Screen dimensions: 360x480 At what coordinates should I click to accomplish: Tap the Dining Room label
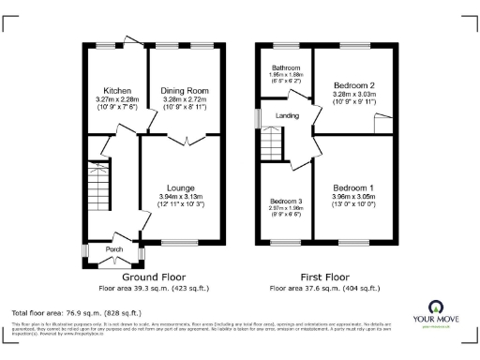(x=184, y=91)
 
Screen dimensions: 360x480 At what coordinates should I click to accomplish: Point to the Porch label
(x=113, y=249)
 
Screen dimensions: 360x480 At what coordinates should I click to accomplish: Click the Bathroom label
(x=286, y=68)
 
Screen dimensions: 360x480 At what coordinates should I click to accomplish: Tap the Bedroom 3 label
(x=287, y=201)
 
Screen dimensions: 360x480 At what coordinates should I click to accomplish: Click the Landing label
(x=286, y=115)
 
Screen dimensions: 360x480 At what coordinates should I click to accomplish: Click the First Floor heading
(x=324, y=278)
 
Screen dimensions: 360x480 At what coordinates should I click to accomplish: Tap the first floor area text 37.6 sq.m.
(x=324, y=289)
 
